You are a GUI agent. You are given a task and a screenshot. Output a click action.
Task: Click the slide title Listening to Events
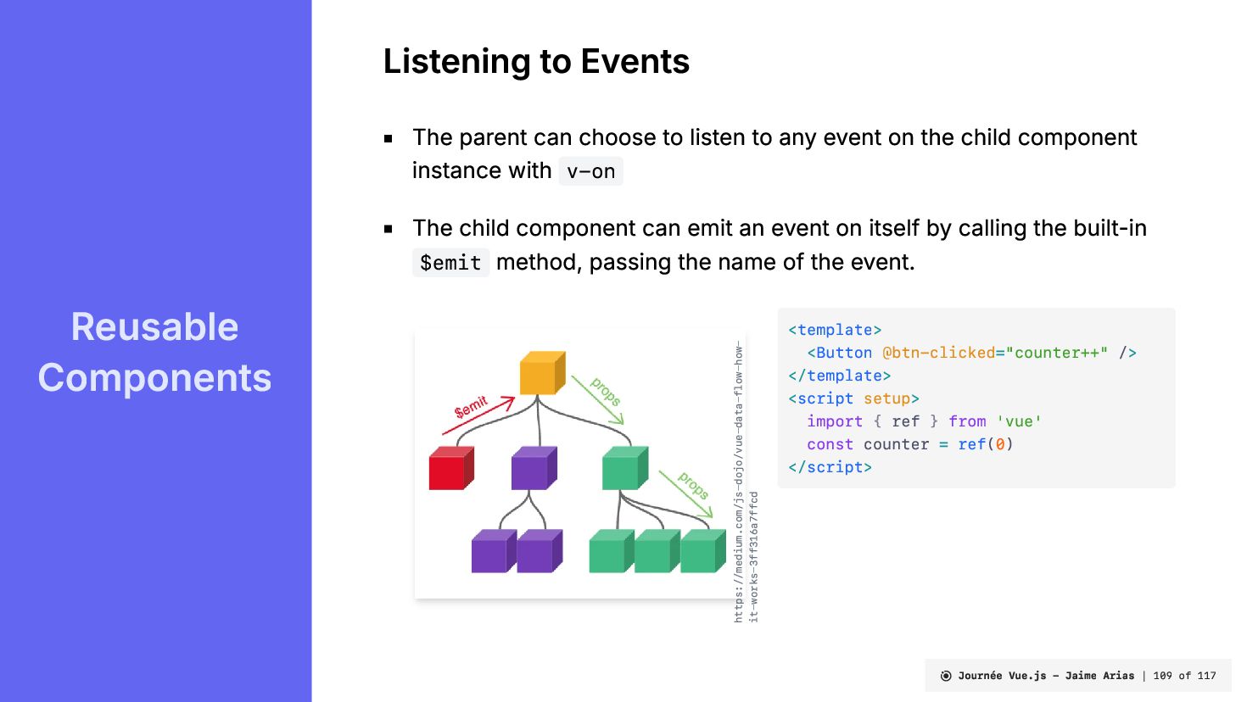click(x=536, y=62)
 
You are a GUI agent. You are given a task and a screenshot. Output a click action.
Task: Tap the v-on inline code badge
click(x=590, y=171)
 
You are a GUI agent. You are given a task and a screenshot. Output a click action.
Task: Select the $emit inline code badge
click(x=450, y=263)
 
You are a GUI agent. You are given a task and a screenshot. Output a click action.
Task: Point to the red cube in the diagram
click(x=450, y=469)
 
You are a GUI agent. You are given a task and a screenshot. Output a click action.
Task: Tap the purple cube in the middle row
click(x=534, y=468)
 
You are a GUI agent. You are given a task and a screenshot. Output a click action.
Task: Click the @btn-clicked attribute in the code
click(x=938, y=353)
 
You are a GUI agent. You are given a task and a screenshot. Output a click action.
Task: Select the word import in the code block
click(x=834, y=421)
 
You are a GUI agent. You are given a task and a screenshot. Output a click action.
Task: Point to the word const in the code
click(x=830, y=444)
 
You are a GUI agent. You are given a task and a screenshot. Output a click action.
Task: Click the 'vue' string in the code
click(x=1019, y=421)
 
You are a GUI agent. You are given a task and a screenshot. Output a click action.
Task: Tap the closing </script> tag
click(x=830, y=467)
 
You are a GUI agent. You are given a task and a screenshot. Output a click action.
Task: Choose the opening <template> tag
click(x=835, y=330)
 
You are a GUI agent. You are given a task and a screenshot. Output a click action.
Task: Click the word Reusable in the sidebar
click(x=154, y=327)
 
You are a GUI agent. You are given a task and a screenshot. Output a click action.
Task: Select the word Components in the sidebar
click(x=154, y=378)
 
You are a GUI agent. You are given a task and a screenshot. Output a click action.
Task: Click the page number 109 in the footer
click(x=1162, y=676)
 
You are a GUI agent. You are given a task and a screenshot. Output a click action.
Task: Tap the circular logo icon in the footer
click(x=946, y=676)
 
